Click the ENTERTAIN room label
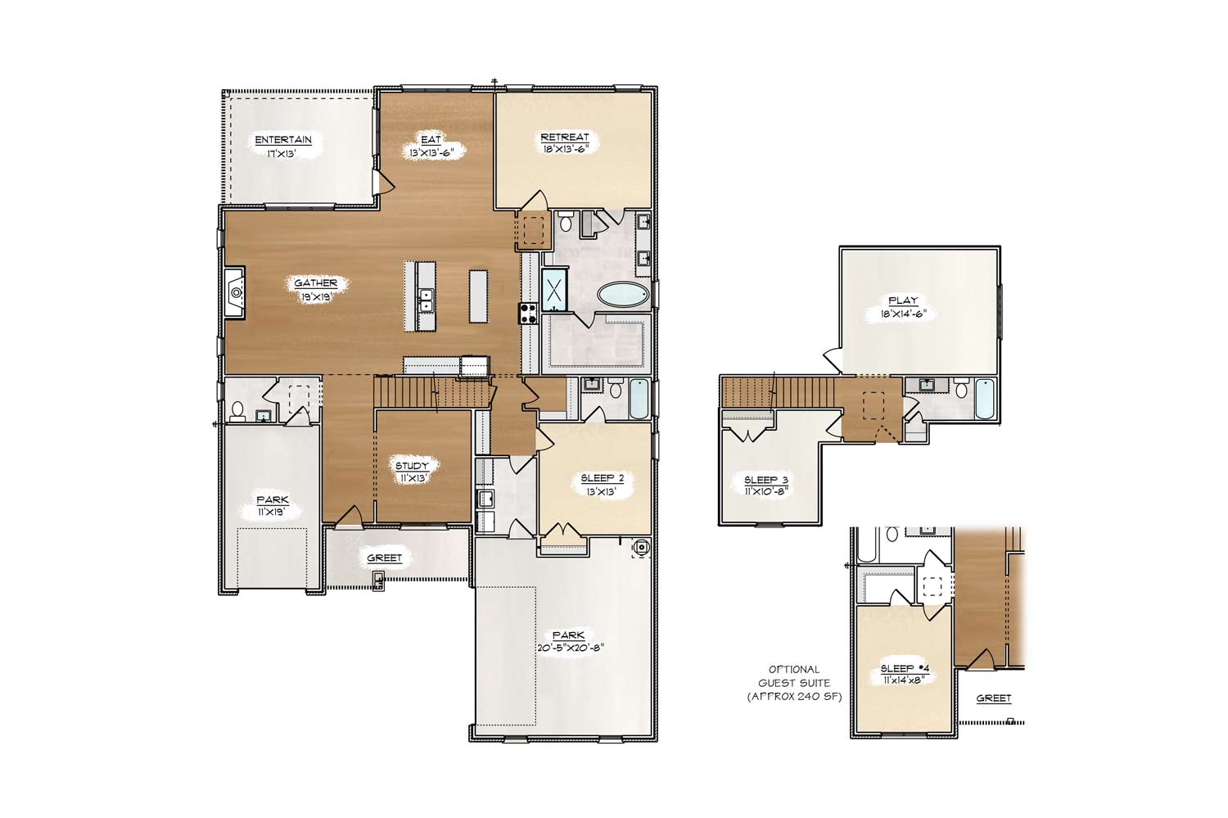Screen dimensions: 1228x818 click(x=283, y=140)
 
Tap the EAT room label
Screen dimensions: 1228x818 click(x=431, y=139)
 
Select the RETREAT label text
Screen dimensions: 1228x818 click(x=565, y=137)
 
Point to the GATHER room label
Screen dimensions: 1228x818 click(x=316, y=282)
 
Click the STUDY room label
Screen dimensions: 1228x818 click(x=413, y=466)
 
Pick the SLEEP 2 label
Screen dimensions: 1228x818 click(x=603, y=479)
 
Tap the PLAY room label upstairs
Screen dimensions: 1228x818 click(x=903, y=301)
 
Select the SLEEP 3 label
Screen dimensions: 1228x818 click(x=766, y=481)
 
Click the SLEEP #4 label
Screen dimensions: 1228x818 click(x=905, y=668)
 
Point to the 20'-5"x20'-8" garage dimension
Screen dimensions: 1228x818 click(x=571, y=648)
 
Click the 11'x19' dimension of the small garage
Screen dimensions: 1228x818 click(x=273, y=512)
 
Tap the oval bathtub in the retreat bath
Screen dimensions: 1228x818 click(x=623, y=295)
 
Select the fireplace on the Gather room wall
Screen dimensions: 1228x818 click(x=235, y=292)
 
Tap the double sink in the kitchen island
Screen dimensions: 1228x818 click(x=426, y=301)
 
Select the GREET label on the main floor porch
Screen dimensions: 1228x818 click(x=384, y=558)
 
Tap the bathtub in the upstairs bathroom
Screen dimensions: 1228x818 click(x=985, y=399)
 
